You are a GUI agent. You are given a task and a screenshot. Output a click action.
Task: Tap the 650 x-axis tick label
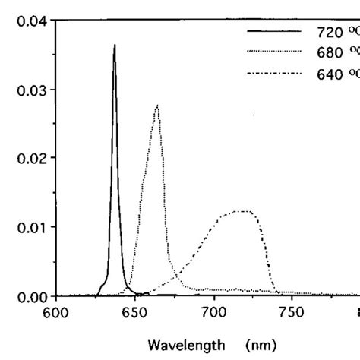pyautogui.click(x=134, y=311)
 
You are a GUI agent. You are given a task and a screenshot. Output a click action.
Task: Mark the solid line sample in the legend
pyautogui.click(x=274, y=32)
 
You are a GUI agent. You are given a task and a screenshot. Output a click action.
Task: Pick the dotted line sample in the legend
pyautogui.click(x=274, y=52)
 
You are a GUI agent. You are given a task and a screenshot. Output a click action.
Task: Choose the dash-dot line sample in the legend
pyautogui.click(x=274, y=73)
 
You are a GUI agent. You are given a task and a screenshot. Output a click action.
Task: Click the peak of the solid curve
pyautogui.click(x=115, y=46)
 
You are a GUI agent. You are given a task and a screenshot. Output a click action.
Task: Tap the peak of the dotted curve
pyautogui.click(x=156, y=106)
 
